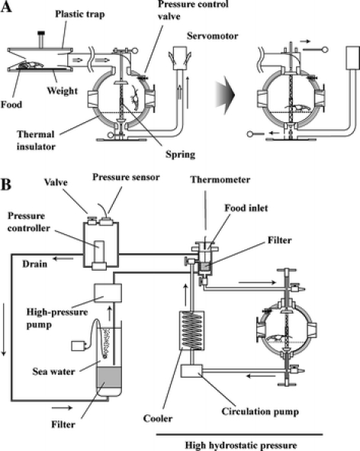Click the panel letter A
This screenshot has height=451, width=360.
[6, 6]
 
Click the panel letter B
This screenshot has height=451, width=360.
[6, 185]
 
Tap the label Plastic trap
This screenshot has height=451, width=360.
[80, 14]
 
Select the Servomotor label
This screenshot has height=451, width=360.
[213, 36]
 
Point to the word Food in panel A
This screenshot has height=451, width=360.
[11, 104]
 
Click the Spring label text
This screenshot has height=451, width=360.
[180, 154]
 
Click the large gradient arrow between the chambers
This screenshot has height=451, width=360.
[225, 95]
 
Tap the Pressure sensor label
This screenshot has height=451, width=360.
[126, 177]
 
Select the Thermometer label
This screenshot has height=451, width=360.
[220, 180]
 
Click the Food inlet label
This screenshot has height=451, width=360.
[246, 208]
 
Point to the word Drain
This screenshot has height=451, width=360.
[35, 264]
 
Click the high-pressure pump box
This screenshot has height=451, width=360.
[108, 293]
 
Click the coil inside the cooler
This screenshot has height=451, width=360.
[191, 330]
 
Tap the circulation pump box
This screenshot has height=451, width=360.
[191, 371]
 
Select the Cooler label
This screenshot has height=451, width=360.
[158, 418]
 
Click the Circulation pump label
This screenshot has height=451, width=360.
[260, 411]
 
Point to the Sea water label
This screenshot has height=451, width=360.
[53, 372]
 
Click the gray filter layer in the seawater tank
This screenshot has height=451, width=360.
[109, 378]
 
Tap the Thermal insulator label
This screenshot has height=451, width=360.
[36, 140]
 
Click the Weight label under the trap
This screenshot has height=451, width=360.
[63, 91]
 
